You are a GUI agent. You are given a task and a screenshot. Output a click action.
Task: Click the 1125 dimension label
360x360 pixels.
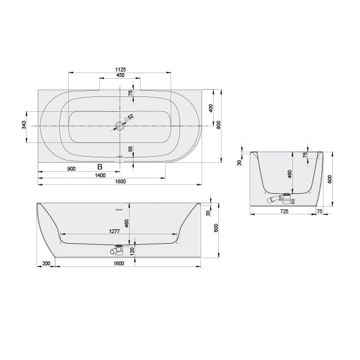click(x=120, y=69)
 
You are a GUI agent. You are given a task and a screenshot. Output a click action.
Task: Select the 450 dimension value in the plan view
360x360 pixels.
click(x=120, y=75)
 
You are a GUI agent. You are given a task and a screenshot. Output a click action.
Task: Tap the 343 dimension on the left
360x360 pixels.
click(x=24, y=125)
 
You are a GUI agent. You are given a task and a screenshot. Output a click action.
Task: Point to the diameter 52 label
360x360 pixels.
click(x=129, y=117)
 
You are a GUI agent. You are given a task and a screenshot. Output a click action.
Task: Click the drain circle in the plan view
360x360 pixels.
click(x=120, y=126)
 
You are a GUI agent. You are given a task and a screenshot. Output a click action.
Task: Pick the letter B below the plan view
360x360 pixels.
click(x=100, y=167)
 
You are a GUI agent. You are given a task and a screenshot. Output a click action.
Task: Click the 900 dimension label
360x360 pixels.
click(x=71, y=169)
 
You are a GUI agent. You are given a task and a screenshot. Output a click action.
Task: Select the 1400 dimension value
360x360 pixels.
click(x=100, y=176)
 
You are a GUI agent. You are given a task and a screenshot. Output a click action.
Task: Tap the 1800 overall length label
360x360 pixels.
click(x=120, y=182)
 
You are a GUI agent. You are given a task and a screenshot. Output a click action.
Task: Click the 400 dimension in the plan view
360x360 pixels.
click(x=211, y=108)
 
